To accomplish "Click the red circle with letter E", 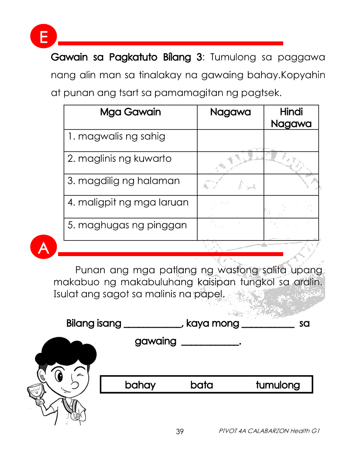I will (44, 38).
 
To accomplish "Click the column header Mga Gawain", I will (130, 113).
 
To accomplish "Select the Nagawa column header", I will (230, 113).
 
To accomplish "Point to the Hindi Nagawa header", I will (291, 118).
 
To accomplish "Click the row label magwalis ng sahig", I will (117, 137).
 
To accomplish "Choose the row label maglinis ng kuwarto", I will (120, 159).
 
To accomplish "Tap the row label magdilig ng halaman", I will (123, 181).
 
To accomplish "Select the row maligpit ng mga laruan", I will (128, 202).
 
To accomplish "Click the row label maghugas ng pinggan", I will (127, 225).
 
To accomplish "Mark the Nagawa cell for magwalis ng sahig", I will (230, 140).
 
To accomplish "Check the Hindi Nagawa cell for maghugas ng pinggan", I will (291, 229).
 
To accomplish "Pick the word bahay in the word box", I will (140, 385).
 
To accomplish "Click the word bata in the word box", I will (202, 385).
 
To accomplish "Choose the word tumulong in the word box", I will (278, 385).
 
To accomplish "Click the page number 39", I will (180, 432).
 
